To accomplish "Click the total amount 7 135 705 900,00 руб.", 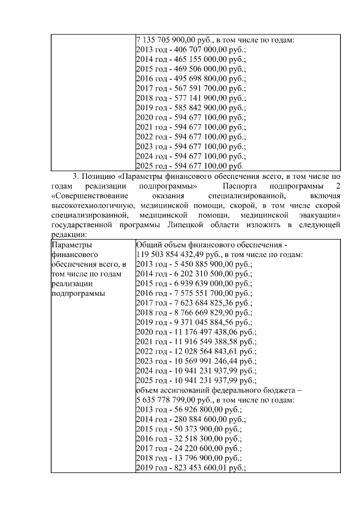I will (x=171, y=40).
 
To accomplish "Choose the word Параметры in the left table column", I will (x=70, y=245).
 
